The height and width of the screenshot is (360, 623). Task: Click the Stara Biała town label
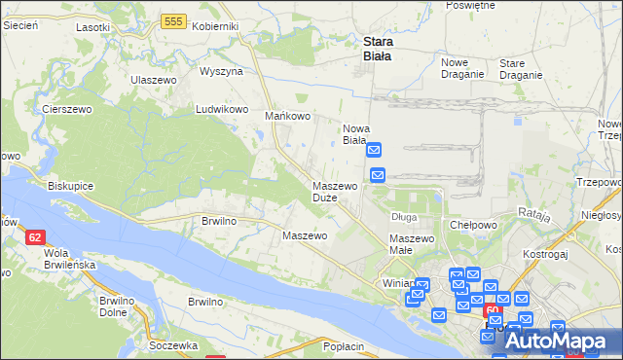(x=377, y=49)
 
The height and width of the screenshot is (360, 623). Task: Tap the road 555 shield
(x=174, y=20)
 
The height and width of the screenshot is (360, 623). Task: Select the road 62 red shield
(x=35, y=236)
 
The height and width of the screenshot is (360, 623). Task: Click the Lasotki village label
(x=92, y=27)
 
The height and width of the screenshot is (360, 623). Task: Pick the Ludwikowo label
(x=223, y=109)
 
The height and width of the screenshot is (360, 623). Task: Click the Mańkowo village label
(x=288, y=117)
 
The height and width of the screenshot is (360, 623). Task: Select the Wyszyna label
(x=221, y=72)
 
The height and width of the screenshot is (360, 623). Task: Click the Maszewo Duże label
(x=333, y=191)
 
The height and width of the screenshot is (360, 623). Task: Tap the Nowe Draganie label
(x=462, y=67)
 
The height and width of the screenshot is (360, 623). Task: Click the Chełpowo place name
(x=473, y=224)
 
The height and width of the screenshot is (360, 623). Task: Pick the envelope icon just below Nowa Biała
(x=375, y=152)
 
